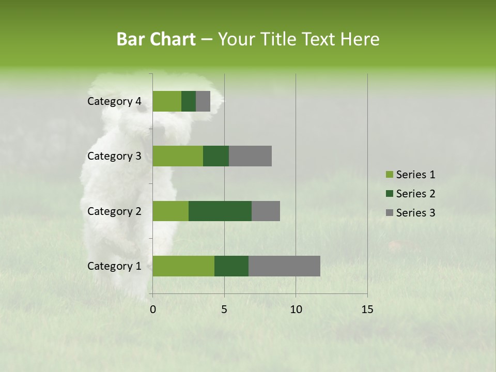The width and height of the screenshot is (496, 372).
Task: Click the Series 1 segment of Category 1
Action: (x=183, y=266)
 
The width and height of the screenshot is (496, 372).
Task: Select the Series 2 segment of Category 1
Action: (x=231, y=266)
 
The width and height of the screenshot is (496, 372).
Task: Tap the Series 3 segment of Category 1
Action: (x=284, y=266)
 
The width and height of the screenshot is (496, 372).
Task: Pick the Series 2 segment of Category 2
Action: (x=220, y=211)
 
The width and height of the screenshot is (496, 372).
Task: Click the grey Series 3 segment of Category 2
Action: (x=266, y=211)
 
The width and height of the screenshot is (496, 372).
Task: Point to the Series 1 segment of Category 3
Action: (x=178, y=156)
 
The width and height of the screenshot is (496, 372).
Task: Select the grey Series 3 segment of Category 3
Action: (x=250, y=156)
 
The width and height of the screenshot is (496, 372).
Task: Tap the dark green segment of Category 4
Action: (x=189, y=101)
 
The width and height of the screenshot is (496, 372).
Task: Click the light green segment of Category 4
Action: (x=167, y=101)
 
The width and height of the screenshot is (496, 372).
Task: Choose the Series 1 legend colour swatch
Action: (x=389, y=175)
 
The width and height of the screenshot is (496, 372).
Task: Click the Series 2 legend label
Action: (x=415, y=194)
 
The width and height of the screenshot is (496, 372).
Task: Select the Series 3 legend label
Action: (x=415, y=212)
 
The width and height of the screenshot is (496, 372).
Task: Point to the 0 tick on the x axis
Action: (x=153, y=309)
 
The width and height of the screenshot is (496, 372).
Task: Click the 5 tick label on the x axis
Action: (x=224, y=309)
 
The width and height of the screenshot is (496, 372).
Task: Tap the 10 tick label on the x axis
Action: (x=296, y=309)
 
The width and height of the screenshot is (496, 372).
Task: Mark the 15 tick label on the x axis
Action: (x=367, y=309)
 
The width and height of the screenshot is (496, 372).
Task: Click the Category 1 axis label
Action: (x=114, y=266)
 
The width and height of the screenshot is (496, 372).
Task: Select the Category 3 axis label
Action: (x=114, y=156)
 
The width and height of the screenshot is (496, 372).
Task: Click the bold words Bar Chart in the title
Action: (x=156, y=39)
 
